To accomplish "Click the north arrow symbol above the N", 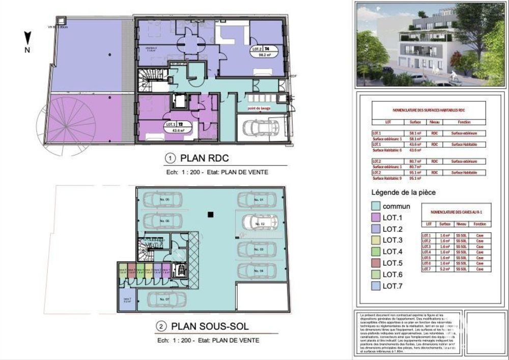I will (28, 37).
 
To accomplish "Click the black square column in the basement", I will (210, 215).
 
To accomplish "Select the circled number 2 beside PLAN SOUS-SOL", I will (161, 326).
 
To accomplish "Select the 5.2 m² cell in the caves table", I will (445, 269).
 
